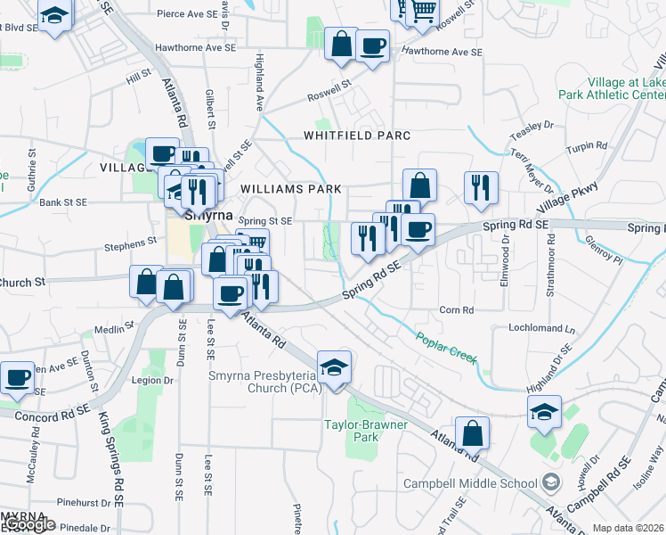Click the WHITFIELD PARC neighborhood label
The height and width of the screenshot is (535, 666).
click(x=356, y=136)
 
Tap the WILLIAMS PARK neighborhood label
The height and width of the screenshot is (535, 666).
click(x=291, y=189)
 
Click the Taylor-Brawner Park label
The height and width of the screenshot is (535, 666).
click(x=365, y=431)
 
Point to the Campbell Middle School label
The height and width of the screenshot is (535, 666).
click(x=470, y=483)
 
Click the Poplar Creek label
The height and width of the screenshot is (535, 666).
click(x=446, y=348)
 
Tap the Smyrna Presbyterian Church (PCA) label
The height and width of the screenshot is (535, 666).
click(x=263, y=382)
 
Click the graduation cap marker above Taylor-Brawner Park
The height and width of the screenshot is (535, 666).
click(x=335, y=368)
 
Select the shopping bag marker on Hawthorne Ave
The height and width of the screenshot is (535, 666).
click(x=342, y=44)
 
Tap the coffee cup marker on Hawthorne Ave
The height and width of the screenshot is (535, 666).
click(x=373, y=45)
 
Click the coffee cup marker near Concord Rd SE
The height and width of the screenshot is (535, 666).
click(x=18, y=378)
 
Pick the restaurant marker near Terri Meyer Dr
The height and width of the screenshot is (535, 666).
click(x=481, y=187)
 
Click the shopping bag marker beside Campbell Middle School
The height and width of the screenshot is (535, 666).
click(x=473, y=433)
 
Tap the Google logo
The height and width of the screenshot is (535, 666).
click(x=28, y=524)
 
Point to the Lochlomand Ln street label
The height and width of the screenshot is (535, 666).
click(x=542, y=328)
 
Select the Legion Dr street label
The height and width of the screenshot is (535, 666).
click(x=152, y=381)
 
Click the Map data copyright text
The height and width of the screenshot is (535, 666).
click(x=628, y=528)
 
